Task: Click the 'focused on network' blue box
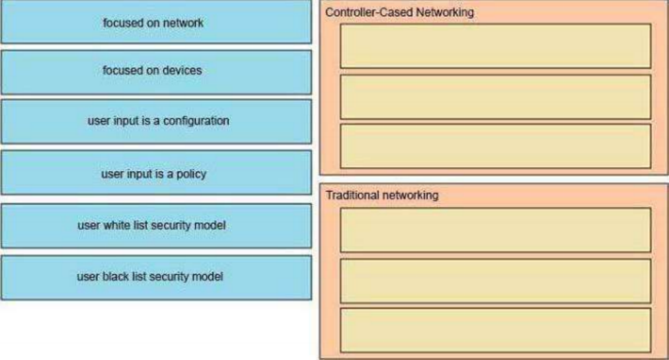tap(156, 21)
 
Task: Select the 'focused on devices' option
tap(156, 72)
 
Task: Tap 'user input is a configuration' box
tap(156, 122)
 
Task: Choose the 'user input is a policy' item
tap(156, 172)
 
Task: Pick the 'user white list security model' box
tap(156, 226)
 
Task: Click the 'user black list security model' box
tap(156, 278)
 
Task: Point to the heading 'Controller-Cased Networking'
tap(399, 12)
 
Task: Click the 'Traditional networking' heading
tap(382, 195)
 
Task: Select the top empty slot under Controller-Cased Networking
tap(495, 46)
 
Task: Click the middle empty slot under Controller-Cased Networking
tap(495, 97)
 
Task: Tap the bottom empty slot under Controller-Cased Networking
tap(495, 146)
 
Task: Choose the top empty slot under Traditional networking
tap(495, 230)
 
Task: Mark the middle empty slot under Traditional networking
tap(495, 281)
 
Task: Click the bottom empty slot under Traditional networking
tap(495, 331)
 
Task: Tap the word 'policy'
tap(191, 175)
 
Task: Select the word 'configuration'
tap(196, 121)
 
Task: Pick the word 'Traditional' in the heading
tap(352, 195)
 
